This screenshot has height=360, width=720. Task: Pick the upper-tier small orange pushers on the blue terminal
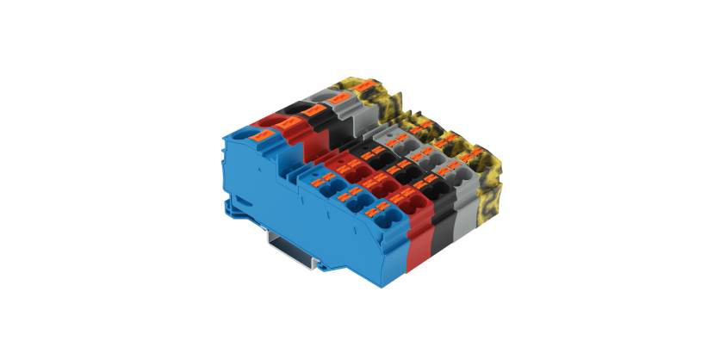tap(322, 181)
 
